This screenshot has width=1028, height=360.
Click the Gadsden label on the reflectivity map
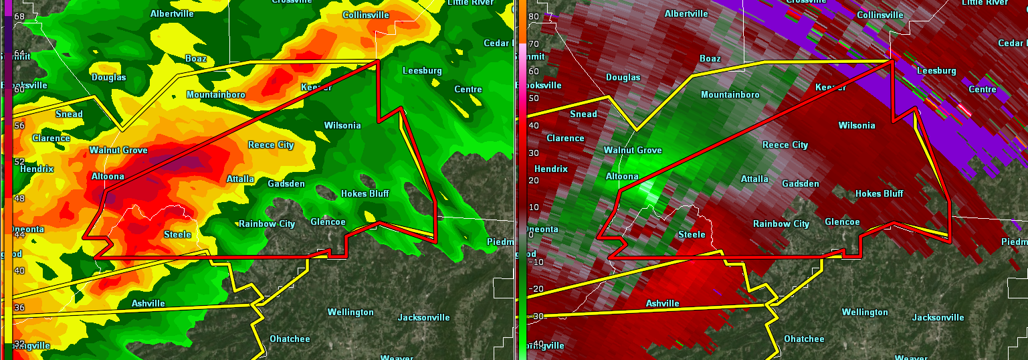click(286, 184)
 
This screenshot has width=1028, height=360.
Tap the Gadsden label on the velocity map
click(801, 183)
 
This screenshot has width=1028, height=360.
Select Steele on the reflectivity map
click(177, 234)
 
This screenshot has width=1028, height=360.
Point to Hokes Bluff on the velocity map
click(879, 194)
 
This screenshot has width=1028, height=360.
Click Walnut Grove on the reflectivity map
click(118, 151)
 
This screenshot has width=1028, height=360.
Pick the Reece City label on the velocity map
click(785, 145)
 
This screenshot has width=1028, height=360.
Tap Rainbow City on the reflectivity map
click(267, 224)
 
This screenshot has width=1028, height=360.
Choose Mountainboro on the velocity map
click(730, 95)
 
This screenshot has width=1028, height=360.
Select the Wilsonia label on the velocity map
click(856, 126)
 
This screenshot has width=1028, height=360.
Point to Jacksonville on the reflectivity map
click(423, 318)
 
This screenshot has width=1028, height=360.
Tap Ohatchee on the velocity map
click(804, 339)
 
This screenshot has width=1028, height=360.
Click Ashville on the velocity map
click(662, 304)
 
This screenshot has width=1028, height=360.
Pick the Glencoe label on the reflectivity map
click(328, 222)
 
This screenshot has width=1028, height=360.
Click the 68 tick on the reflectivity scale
click(19, 17)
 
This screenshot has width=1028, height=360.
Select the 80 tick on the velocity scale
click(534, 17)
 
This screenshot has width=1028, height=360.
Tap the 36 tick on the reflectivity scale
click(19, 308)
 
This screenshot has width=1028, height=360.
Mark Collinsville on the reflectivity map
click(365, 15)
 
